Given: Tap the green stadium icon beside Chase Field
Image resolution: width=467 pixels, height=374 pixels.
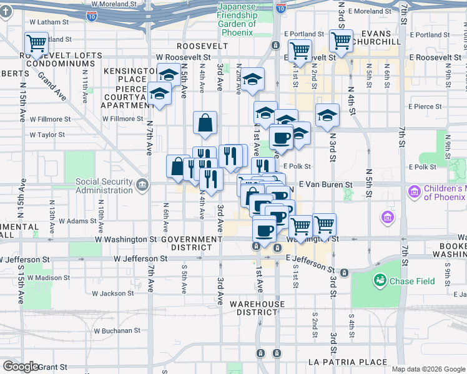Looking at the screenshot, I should (x=380, y=281).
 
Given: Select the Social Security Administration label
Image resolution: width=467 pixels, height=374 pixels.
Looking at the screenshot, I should (x=103, y=186).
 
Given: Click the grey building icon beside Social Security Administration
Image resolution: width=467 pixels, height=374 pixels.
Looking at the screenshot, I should (x=142, y=185).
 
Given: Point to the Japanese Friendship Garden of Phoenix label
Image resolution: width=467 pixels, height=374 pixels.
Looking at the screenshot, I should (x=237, y=19).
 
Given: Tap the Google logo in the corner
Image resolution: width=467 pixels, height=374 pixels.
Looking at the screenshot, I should (x=21, y=367).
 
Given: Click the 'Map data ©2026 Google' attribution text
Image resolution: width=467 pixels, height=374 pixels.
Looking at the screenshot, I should (x=428, y=369).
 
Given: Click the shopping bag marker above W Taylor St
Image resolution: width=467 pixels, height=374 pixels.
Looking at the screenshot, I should (x=205, y=123).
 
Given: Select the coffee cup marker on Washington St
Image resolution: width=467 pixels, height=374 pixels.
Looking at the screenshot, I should (x=263, y=230).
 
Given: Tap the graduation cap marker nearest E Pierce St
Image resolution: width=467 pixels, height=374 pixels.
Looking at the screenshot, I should (x=327, y=115).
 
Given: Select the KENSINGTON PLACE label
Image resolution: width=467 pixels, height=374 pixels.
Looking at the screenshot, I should (x=127, y=75).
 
